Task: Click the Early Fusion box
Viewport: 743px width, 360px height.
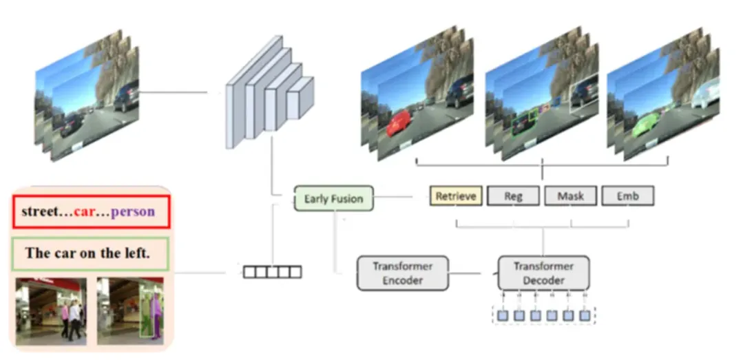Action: (x=333, y=199)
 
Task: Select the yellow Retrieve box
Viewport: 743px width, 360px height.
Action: (x=456, y=196)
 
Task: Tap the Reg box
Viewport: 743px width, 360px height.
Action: (x=513, y=196)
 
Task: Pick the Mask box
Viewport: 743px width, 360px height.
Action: (x=570, y=196)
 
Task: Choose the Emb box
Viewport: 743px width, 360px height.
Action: (x=627, y=196)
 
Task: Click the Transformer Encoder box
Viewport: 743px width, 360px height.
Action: (x=402, y=273)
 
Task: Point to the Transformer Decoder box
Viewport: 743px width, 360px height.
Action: (x=543, y=273)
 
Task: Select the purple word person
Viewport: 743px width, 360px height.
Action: (x=133, y=212)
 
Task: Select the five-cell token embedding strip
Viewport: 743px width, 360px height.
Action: (x=273, y=272)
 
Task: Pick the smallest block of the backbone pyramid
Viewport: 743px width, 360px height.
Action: (x=300, y=96)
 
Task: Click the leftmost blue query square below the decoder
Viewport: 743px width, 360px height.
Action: (x=503, y=316)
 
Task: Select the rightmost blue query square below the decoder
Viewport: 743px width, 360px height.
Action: (x=585, y=316)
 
